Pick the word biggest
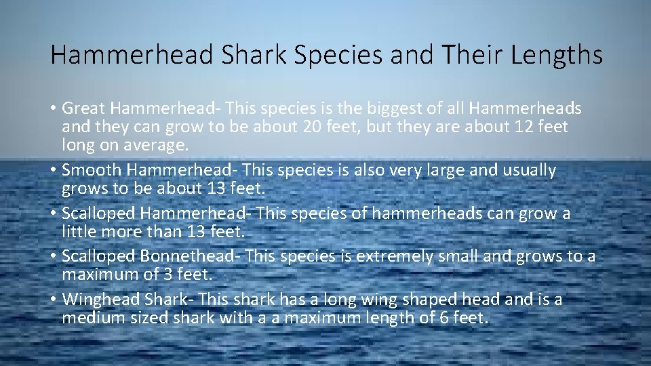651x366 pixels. pos(391,108)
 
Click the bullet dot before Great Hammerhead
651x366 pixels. pos(53,109)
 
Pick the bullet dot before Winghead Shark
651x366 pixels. pos(53,300)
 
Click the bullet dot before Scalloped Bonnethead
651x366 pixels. pos(53,257)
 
